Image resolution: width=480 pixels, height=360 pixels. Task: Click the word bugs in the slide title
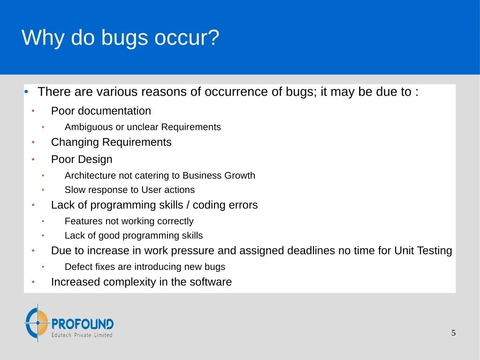coord(124,38)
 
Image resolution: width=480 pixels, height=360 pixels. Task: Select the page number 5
coord(453,333)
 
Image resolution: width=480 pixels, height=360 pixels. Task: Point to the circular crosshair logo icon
coord(37,322)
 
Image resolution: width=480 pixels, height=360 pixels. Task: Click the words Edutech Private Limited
coord(82,335)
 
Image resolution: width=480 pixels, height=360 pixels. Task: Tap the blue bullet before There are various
coord(26,92)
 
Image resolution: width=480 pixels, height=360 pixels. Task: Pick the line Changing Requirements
coord(111,142)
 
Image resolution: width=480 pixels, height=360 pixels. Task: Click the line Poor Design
coord(82,159)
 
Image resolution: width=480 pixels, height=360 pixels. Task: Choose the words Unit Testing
coord(423,251)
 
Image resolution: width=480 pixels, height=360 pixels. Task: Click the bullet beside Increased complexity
coord(33,282)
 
